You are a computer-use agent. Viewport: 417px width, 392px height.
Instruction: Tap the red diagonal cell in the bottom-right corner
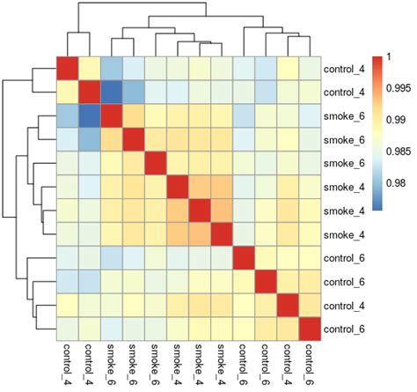(x=309, y=330)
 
